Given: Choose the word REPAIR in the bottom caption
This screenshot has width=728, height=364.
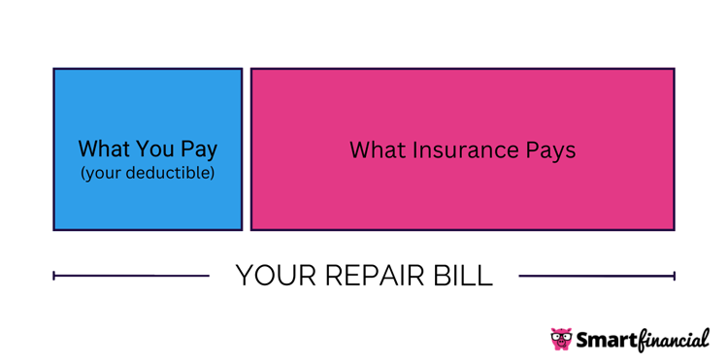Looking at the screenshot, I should point(371,276).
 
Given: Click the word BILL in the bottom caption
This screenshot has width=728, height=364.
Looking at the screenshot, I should point(464,276).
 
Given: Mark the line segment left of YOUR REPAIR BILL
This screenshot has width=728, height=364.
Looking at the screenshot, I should point(131,276).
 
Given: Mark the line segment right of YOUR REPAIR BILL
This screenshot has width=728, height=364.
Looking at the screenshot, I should point(596,276).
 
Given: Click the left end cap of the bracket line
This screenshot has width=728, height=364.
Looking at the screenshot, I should point(54,276).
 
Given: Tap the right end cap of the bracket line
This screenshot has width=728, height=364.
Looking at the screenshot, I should point(674,276).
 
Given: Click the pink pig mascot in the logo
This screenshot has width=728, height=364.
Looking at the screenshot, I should point(561,339).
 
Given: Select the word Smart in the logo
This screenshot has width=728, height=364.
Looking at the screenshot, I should point(607,340).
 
